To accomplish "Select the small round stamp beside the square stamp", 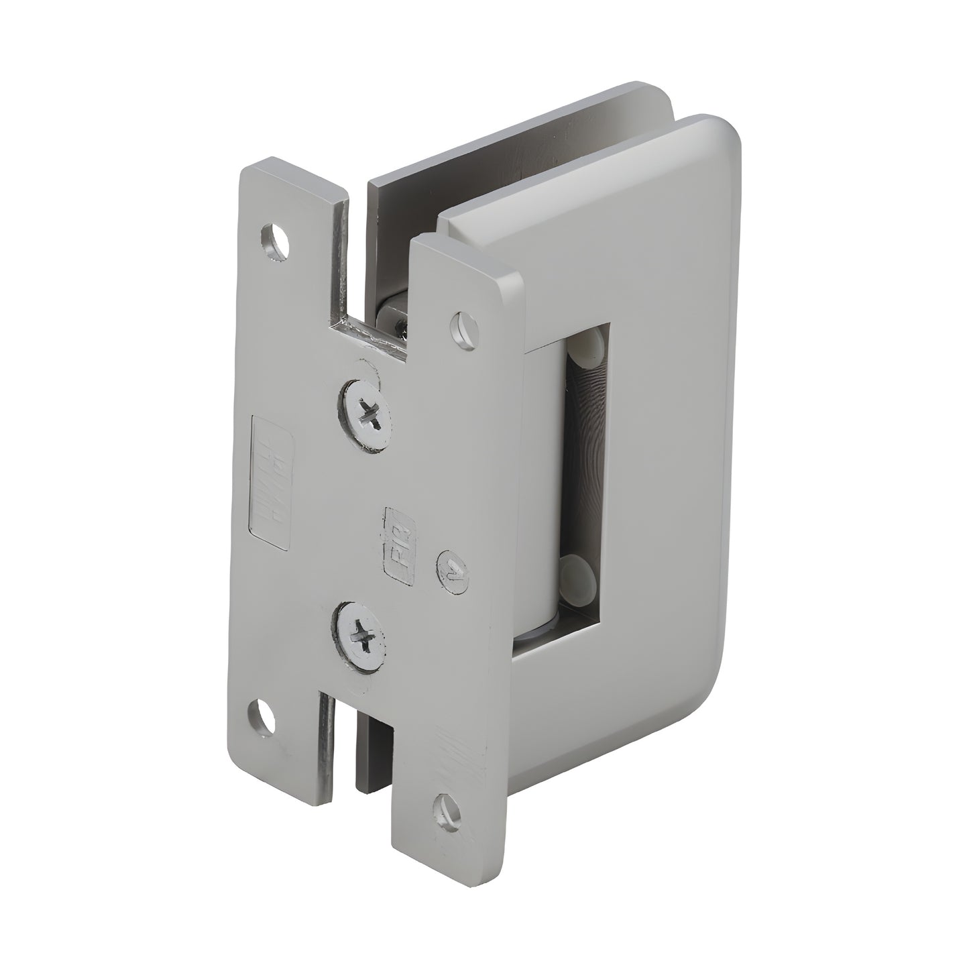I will tap(452, 569).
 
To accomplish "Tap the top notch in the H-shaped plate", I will tap(376, 268).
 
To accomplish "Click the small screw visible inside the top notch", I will tap(401, 326).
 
